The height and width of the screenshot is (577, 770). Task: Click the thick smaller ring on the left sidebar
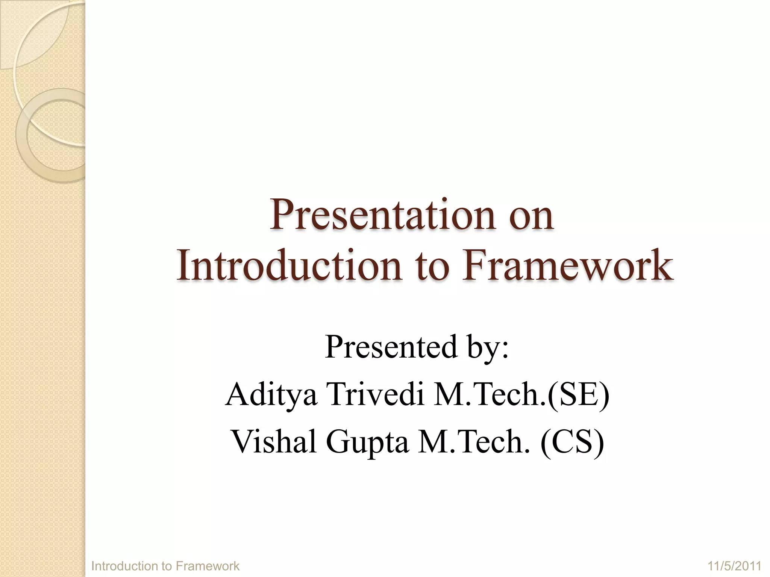click(x=22, y=135)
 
